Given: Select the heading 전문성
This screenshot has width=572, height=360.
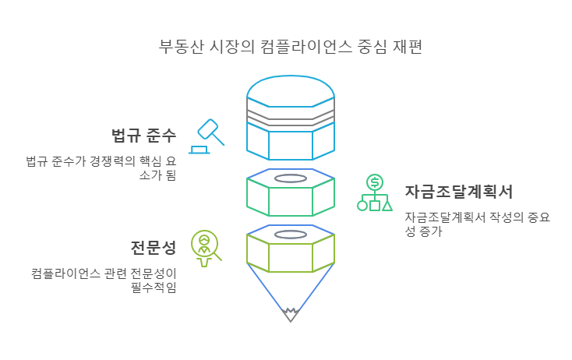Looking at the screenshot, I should pyautogui.click(x=154, y=248).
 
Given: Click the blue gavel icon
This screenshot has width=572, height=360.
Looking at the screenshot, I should pyautogui.click(x=207, y=136).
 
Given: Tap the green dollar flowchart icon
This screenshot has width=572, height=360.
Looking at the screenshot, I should pyautogui.click(x=374, y=193).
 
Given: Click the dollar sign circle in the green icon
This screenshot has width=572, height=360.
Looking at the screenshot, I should pyautogui.click(x=375, y=182).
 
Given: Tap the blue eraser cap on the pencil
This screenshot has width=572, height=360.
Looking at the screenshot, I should pyautogui.click(x=291, y=86).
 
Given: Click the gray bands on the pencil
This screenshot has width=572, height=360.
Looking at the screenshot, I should pyautogui.click(x=291, y=114).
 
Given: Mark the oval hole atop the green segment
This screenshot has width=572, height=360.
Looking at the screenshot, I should pyautogui.click(x=291, y=178).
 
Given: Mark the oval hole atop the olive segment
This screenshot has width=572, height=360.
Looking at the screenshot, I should pyautogui.click(x=291, y=234).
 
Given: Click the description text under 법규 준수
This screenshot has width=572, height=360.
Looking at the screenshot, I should pyautogui.click(x=101, y=168).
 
